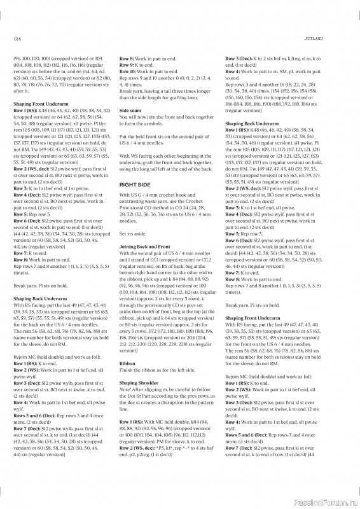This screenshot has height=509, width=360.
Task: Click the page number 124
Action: pos(17,39)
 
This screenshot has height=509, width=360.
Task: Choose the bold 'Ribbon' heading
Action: pos(127,363)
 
